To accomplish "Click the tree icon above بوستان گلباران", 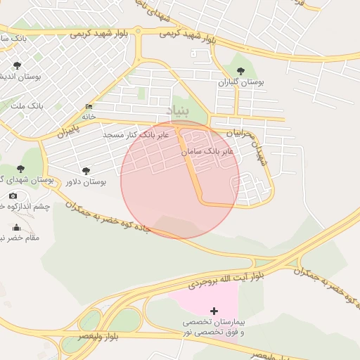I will pyautogui.click(x=241, y=71).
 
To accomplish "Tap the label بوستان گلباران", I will pyautogui.click(x=241, y=82).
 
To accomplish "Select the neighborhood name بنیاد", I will pyautogui.click(x=178, y=110).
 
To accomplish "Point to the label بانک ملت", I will pyautogui.click(x=27, y=105).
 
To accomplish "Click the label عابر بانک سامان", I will pyautogui.click(x=207, y=151).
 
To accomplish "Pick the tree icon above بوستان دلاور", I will pyautogui.click(x=86, y=170).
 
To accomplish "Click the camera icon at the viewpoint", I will pyautogui.click(x=13, y=195).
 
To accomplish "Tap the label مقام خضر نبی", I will pyautogui.click(x=17, y=238).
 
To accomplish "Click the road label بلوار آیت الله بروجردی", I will pyautogui.click(x=226, y=278).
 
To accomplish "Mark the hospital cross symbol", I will pyautogui.click(x=214, y=310).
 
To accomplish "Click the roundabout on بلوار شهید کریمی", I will pyautogui.click(x=139, y=31).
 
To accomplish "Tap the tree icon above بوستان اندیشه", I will pyautogui.click(x=17, y=65).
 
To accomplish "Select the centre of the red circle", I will pyautogui.click(x=180, y=180).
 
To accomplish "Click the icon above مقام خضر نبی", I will pyautogui.click(x=17, y=226).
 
